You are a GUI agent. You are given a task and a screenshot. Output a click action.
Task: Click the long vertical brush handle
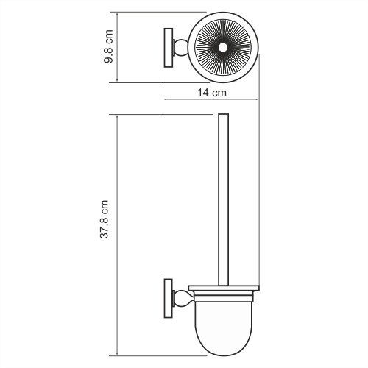224,199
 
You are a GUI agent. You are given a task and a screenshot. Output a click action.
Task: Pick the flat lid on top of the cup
224,287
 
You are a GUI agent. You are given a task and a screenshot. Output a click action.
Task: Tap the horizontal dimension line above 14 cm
213,101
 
